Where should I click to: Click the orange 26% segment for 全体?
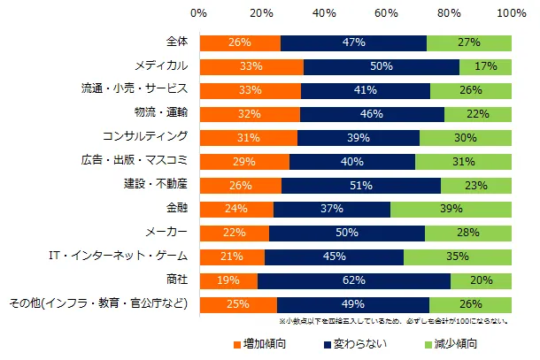tap(240, 42)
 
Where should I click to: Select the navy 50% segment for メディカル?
tap(382, 66)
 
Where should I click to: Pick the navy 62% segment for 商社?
tap(354, 281)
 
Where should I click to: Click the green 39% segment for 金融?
tap(451, 210)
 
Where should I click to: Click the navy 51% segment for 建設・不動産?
tap(361, 186)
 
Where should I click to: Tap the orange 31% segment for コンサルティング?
tap(248, 138)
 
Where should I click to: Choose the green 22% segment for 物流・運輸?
tap(478, 114)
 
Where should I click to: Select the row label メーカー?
tap(162, 234)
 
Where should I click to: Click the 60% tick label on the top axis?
tap(386, 14)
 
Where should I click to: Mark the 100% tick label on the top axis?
tap(512, 14)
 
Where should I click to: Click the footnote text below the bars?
tap(393, 322)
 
